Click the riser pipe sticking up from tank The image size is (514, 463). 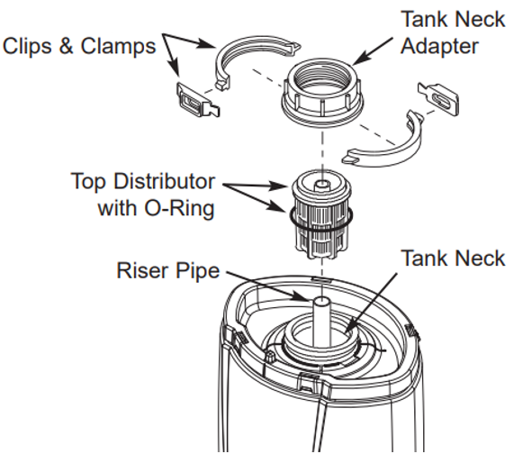pyautogui.click(x=318, y=319)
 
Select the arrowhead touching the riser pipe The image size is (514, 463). pyautogui.click(x=303, y=295)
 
